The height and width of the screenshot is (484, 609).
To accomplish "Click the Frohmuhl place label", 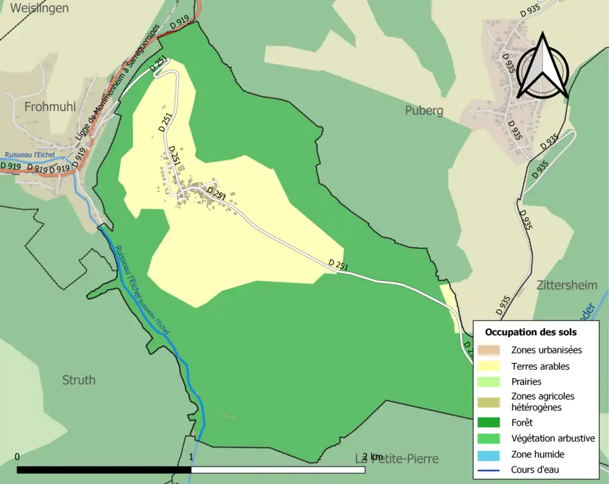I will coord(49,107).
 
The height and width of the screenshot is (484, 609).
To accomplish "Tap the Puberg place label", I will coord(424,111).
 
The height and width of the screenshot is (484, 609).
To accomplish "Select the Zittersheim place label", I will coord(566,285).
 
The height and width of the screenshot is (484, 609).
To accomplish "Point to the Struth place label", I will coord(79,380).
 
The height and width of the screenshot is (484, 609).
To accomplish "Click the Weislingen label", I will coord(39,8).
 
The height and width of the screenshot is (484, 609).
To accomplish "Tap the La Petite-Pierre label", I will coord(396,458).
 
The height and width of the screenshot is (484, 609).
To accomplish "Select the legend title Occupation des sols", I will coord(531,332).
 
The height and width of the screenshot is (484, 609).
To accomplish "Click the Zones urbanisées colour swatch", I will coord(488,350).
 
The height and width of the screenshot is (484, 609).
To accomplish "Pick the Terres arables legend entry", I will coord(540,366).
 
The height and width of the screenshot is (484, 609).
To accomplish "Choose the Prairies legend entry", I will coord(526,382).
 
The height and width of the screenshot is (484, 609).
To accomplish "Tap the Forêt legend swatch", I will coord(488,422).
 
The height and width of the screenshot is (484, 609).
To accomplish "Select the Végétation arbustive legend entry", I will coord(553,438).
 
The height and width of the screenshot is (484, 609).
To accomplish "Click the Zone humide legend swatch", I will coord(488,454).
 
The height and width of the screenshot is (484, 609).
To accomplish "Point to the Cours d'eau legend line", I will coord(488,470).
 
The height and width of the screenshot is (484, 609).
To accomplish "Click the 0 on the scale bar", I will coord(17,457).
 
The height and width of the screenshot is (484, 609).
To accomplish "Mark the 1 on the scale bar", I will coord(191,457).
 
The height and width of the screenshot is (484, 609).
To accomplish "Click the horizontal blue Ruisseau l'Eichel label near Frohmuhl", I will coord(30,155).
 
